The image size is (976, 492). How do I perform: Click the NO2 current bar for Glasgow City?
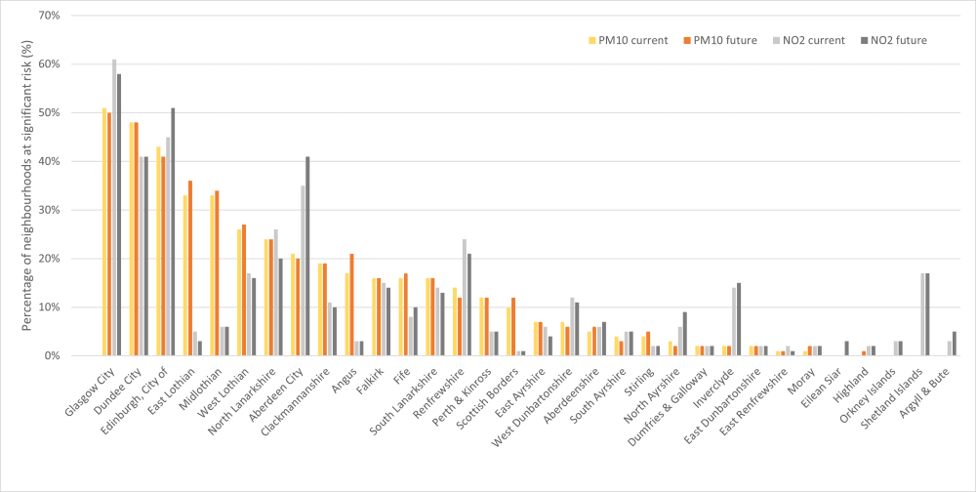114,207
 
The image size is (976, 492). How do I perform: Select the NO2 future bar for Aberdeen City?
307,256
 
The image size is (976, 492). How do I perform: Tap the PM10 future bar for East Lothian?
190,267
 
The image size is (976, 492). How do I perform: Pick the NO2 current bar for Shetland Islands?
922,314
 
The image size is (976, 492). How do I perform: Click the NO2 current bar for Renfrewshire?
465,297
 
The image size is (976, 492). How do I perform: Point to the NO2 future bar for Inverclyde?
739,319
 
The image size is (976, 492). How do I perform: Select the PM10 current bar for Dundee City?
132,238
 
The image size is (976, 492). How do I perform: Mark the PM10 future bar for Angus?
351,305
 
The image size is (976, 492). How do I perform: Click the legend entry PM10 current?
628,40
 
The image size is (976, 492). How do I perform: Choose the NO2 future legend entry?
894,40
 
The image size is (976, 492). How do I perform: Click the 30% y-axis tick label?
48,210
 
